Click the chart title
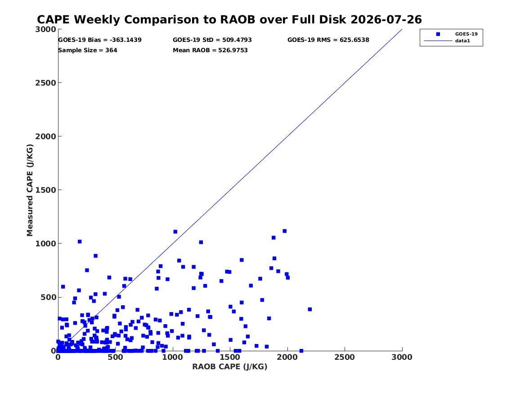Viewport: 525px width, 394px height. pyautogui.click(x=229, y=19)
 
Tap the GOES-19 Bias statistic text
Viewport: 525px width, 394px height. pyautogui.click(x=100, y=40)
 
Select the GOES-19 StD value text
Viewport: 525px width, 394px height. pyautogui.click(x=212, y=40)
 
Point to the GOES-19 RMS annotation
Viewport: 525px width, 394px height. pyautogui.click(x=328, y=40)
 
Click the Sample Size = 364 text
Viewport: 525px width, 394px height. pyautogui.click(x=88, y=50)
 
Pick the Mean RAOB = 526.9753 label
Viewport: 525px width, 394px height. pyautogui.click(x=210, y=50)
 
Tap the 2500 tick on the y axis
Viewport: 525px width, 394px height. pyautogui.click(x=45, y=83)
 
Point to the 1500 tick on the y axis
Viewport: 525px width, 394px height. pyautogui.click(x=45, y=190)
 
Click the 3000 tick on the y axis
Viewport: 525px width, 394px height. pyautogui.click(x=45, y=29)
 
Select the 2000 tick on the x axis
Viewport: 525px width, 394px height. pyautogui.click(x=287, y=357)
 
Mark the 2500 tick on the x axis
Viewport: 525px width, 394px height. pyautogui.click(x=345, y=357)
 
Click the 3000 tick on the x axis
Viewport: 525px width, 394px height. pyautogui.click(x=402, y=357)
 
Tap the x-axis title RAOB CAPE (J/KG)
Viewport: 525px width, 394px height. pyautogui.click(x=230, y=367)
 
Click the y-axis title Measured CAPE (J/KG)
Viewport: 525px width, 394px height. pyautogui.click(x=30, y=190)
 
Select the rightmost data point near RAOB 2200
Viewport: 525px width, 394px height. pyautogui.click(x=310, y=309)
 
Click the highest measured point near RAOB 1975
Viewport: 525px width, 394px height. pyautogui.click(x=285, y=231)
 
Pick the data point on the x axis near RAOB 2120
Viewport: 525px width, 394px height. pyautogui.click(x=301, y=351)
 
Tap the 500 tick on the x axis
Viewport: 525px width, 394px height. pyautogui.click(x=116, y=357)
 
